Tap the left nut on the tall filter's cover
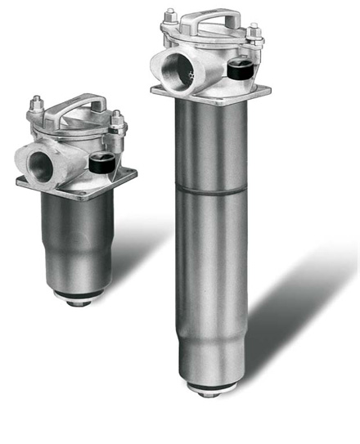pos(171,16)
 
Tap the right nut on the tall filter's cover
pos(254,32)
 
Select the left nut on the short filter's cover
pos(38,105)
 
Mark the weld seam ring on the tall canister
pos(210,189)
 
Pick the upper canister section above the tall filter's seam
pos(210,143)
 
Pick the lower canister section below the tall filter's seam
pos(210,270)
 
